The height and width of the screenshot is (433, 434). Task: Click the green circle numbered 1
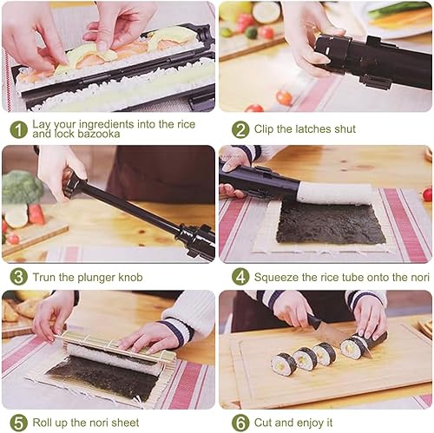tap(18, 129)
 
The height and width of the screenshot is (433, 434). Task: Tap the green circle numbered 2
tap(240, 129)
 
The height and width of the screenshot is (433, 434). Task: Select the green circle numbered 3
tap(18, 277)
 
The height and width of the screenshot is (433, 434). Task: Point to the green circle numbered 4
tap(240, 277)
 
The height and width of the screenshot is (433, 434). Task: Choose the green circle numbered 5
tap(18, 423)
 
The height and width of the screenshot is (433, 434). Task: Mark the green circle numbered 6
tap(240, 423)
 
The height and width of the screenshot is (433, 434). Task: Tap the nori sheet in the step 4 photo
tap(330, 223)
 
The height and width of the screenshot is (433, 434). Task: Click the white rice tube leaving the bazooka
tap(336, 193)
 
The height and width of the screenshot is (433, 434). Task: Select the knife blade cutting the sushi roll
tap(339, 338)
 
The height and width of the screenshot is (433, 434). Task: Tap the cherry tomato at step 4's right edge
tap(427, 194)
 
